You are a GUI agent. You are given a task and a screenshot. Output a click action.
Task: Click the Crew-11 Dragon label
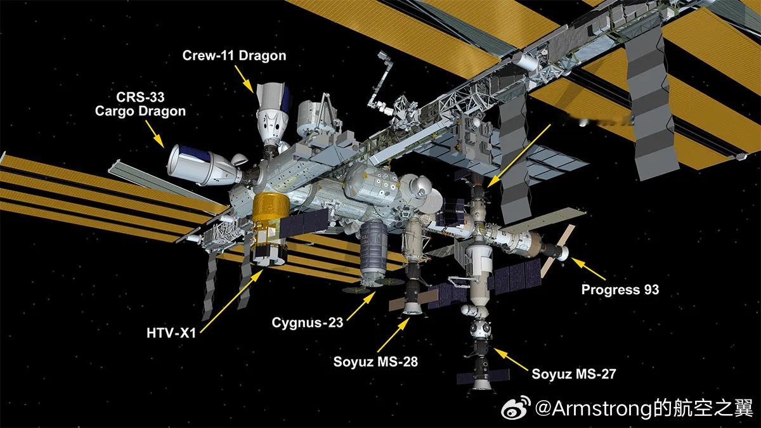click(234, 56)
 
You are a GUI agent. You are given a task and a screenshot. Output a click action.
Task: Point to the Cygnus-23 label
click(307, 322)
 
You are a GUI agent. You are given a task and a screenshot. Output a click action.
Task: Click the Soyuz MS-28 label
click(375, 362)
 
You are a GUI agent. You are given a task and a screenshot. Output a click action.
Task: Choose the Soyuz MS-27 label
click(573, 373)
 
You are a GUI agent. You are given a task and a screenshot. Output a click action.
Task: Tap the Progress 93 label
click(620, 290)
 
